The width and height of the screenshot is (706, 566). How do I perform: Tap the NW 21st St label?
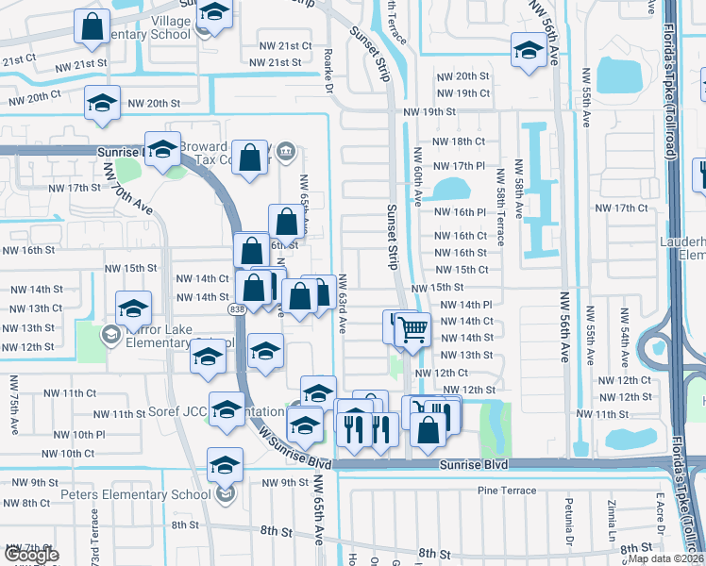pyautogui.click(x=275, y=62)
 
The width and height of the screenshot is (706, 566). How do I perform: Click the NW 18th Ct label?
pyautogui.click(x=459, y=141)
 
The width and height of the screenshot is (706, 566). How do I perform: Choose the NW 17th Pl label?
pyautogui.click(x=459, y=166)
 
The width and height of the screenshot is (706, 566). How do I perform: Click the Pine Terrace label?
pyautogui.click(x=500, y=491)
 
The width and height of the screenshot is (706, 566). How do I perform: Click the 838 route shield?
pyautogui.click(x=236, y=308)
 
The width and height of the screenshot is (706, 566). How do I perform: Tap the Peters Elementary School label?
pyautogui.click(x=122, y=494)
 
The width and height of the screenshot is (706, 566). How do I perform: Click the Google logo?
pyautogui.click(x=31, y=555)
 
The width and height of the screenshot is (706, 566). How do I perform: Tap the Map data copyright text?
pyautogui.click(x=665, y=558)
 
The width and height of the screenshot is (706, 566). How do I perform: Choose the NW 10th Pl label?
pyautogui.click(x=79, y=434)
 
